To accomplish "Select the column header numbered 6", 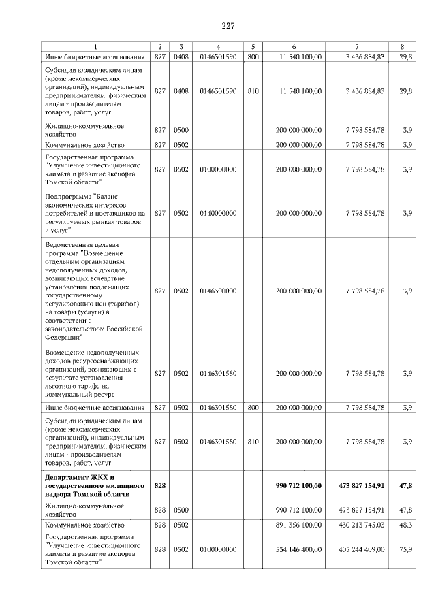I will click(294, 47).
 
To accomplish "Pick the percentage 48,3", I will click(407, 525).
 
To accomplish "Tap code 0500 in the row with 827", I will click(181, 129).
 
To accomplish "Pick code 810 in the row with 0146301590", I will click(253, 91).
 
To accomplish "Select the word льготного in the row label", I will click(64, 385).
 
